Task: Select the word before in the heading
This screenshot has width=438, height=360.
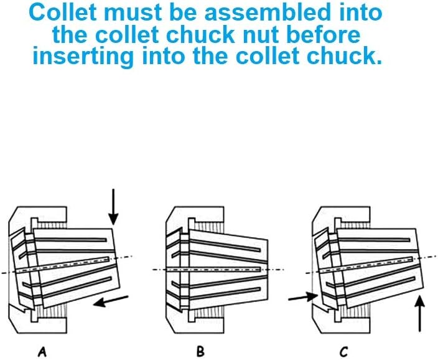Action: click(x=324, y=34)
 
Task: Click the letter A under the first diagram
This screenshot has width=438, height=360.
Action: click(x=42, y=352)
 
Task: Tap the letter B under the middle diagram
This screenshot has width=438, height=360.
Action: click(x=200, y=352)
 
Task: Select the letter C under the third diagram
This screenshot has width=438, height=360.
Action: click(x=344, y=352)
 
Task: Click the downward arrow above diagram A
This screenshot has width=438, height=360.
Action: click(x=113, y=207)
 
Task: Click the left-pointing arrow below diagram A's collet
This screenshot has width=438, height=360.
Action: click(x=111, y=301)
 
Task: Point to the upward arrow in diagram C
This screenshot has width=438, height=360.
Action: click(x=419, y=314)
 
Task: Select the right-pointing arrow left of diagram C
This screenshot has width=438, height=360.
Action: click(x=304, y=297)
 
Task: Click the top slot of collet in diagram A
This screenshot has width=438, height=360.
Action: click(x=71, y=239)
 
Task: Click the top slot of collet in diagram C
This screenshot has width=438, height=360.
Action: click(x=374, y=239)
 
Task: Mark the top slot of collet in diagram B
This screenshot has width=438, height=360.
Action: click(x=225, y=245)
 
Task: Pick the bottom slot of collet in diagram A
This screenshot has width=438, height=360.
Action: click(x=77, y=287)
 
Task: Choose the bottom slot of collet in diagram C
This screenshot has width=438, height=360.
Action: click(x=381, y=287)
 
